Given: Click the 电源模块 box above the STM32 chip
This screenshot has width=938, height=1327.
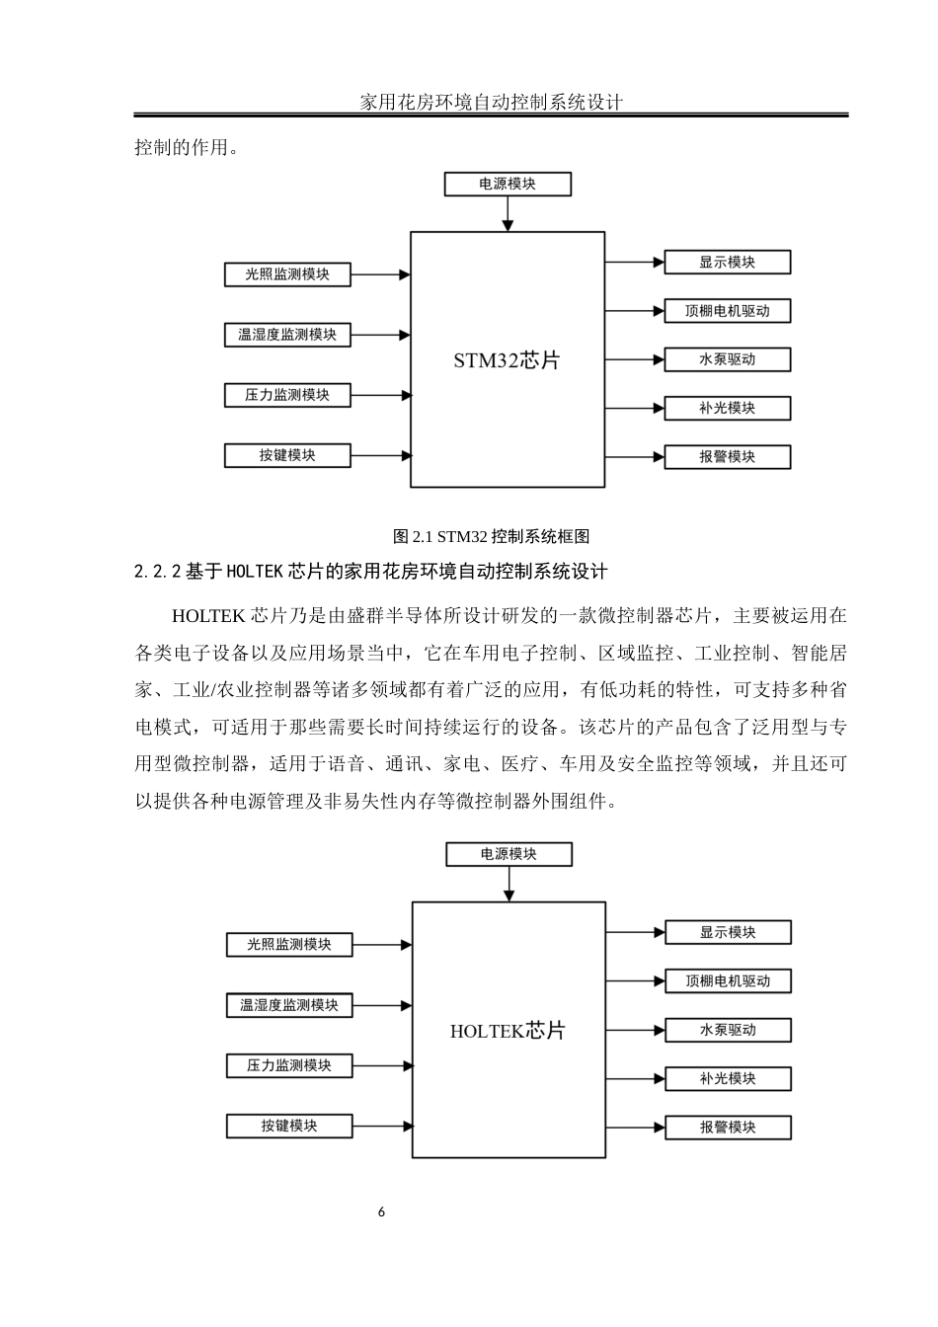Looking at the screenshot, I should tap(508, 184).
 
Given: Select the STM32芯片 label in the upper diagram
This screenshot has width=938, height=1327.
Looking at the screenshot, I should tap(507, 360).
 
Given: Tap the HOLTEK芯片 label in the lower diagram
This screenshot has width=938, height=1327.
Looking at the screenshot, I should tap(508, 1031).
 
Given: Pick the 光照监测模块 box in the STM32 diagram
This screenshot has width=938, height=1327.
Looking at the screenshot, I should tap(288, 274).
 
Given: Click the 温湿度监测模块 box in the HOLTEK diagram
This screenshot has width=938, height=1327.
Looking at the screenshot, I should tap(289, 1005).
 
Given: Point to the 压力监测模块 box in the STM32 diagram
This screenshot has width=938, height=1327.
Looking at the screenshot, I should tap(287, 395).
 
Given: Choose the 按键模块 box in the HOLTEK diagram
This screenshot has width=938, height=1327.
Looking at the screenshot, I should tap(289, 1126).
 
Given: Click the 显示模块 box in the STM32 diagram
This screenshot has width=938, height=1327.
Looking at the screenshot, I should tap(728, 262).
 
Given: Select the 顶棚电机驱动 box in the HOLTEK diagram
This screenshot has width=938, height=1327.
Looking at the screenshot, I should tap(729, 980).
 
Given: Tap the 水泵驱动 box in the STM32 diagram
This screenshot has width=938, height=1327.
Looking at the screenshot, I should tap(728, 359).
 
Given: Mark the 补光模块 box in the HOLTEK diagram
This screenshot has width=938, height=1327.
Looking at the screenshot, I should tap(729, 1078).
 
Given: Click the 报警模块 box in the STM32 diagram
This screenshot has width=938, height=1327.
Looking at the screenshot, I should tap(728, 456).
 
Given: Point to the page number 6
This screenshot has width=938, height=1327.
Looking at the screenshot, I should tap(382, 1212).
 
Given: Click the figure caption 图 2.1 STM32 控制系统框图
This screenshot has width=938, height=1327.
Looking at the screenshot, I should tap(492, 537).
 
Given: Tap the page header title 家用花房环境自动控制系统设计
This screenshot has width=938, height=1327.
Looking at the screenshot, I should tap(491, 102).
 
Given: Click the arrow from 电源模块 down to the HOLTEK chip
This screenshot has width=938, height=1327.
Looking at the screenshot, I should tap(508, 885).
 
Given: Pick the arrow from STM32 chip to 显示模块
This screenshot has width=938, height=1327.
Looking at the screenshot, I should tap(634, 262).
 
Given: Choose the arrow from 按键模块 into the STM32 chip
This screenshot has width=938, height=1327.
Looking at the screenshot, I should tap(381, 455).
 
